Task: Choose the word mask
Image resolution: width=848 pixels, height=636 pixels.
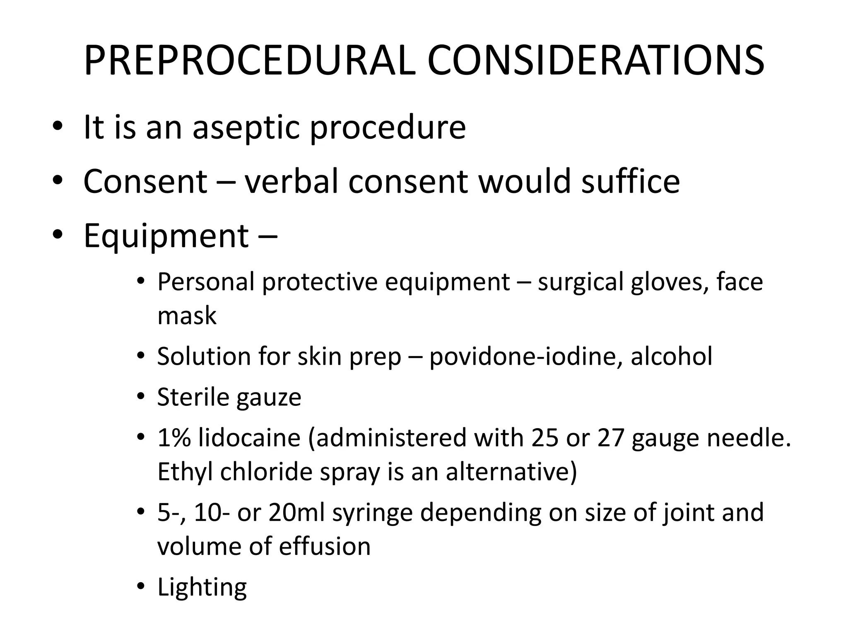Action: click(x=187, y=316)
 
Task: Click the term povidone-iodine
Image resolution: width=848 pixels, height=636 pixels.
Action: click(x=525, y=356)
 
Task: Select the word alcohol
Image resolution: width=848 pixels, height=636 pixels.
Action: click(x=671, y=356)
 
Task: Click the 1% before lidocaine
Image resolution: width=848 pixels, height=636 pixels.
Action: click(x=174, y=438)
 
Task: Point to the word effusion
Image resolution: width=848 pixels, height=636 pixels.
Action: click(x=325, y=546)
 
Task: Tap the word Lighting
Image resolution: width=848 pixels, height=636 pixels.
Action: click(x=202, y=588)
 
